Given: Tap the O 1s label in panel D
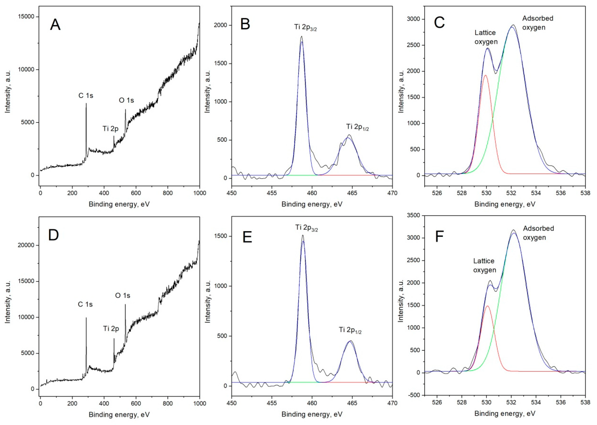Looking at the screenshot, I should tap(123, 295).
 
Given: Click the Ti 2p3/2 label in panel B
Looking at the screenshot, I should tap(305, 27).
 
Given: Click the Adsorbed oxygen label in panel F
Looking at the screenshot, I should tap(538, 233).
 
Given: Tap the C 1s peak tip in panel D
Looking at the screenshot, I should tap(86, 318).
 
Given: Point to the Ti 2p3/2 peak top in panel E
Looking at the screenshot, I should tap(303, 235).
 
